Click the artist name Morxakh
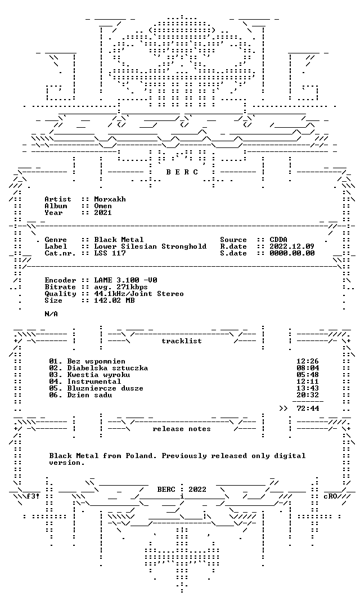[x=110, y=199]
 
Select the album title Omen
[x=103, y=206]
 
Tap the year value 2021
[x=103, y=213]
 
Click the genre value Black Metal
[x=119, y=240]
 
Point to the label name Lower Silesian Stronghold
[x=150, y=246]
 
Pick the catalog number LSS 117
[x=110, y=253]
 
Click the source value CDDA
[x=278, y=240]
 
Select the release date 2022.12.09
[x=292, y=246]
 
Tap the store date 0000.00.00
[x=292, y=253]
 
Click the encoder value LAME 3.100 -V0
[x=125, y=280]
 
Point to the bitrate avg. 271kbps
[x=121, y=287]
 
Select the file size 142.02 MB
[x=115, y=300]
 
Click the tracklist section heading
[x=182, y=341]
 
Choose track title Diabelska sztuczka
[x=107, y=369]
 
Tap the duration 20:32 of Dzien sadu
[x=308, y=395]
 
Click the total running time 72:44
[x=308, y=409]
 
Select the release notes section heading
[x=182, y=429]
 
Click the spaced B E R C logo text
[x=182, y=172]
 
